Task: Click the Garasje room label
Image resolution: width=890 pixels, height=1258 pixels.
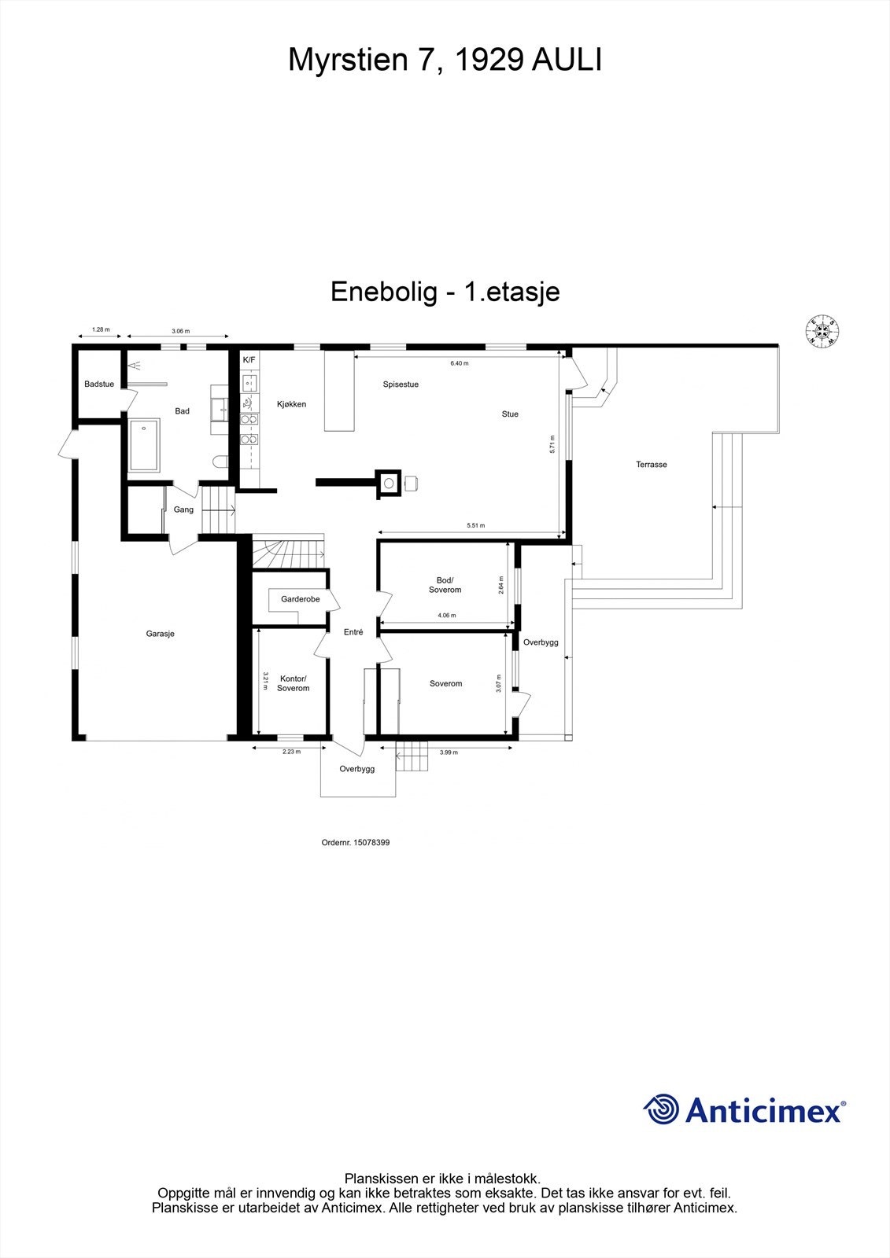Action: [160, 634]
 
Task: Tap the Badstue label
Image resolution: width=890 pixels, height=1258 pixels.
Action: [99, 384]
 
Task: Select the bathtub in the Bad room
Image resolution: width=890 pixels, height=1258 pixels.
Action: [144, 445]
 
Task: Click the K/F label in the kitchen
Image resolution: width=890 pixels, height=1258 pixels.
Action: [249, 360]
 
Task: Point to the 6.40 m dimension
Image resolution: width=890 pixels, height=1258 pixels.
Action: [459, 364]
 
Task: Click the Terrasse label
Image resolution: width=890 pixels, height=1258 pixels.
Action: [651, 465]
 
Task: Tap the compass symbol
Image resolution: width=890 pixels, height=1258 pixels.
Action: [822, 331]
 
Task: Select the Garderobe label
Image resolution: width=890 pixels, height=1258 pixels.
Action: [300, 599]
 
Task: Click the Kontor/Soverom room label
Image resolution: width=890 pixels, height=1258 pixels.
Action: [293, 683]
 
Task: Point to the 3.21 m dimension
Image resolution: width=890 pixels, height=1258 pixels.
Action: [265, 681]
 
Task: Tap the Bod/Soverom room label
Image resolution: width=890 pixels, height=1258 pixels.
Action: [445, 585]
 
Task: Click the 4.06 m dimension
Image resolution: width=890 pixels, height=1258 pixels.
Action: [446, 616]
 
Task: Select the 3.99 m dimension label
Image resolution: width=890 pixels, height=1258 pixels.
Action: [448, 752]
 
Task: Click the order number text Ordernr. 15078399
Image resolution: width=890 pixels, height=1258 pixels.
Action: [356, 842]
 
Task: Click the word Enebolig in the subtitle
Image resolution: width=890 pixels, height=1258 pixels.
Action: [383, 292]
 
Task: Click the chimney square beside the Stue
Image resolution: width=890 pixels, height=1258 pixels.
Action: [388, 484]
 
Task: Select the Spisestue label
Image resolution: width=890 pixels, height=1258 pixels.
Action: [401, 384]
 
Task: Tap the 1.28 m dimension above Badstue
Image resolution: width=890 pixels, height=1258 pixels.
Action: [100, 330]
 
